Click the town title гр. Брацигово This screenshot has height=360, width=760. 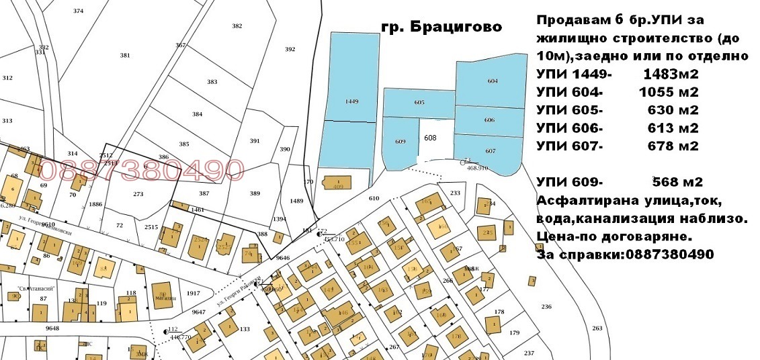click(x=441, y=28)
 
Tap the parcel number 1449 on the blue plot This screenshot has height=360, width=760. click(x=351, y=101)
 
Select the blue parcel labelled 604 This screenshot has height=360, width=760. click(x=493, y=81)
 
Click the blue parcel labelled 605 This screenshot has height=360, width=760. click(x=419, y=103)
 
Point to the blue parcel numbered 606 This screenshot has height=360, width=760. click(x=489, y=120)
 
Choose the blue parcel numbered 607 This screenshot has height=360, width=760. click(x=490, y=150)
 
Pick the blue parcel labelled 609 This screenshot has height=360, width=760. click(x=400, y=142)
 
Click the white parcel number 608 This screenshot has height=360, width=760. click(x=430, y=138)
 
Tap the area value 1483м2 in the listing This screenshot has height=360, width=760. click(x=671, y=73)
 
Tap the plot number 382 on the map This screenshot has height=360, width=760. click(x=237, y=26)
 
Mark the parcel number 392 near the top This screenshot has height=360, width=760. click(x=290, y=49)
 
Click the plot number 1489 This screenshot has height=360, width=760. click(x=296, y=201)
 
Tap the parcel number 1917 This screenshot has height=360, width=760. click(x=194, y=294)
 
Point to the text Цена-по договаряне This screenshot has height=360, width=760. click(x=614, y=236)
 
